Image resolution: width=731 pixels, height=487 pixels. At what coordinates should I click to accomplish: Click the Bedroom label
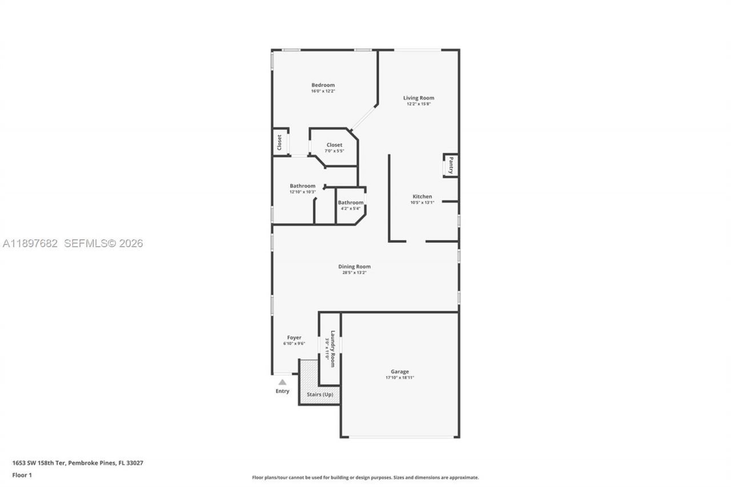323,85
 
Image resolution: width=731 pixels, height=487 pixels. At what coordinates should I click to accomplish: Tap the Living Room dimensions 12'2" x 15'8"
418,104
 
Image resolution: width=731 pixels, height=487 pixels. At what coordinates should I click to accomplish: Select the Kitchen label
422,196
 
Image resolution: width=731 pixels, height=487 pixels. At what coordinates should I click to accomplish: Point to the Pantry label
451,166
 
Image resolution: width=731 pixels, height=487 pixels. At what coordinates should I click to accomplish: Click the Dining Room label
354,267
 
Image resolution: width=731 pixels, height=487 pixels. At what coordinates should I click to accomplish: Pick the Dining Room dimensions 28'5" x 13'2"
354,273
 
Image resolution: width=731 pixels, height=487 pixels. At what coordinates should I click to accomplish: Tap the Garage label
400,372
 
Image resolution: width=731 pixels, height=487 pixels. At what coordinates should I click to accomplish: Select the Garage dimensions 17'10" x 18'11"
400,378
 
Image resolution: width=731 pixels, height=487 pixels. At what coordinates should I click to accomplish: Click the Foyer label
294,337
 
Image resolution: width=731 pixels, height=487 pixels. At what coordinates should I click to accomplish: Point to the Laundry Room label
332,349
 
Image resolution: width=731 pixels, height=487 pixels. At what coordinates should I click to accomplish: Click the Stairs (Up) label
320,395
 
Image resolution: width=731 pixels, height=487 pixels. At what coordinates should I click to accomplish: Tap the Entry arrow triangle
282,382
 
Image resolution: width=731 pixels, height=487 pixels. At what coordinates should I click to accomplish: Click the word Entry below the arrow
282,391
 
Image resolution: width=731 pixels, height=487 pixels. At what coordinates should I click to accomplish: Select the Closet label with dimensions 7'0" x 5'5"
334,145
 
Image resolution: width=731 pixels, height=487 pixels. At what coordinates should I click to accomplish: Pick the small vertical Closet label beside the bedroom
280,142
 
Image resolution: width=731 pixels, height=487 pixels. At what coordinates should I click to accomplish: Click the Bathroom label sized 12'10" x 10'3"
302,186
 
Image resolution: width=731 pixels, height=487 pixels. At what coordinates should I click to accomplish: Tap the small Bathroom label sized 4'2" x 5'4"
350,203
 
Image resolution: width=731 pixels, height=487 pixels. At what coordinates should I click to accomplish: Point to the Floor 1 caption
22,475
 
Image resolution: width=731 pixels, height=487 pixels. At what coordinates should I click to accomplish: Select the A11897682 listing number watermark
30,243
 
